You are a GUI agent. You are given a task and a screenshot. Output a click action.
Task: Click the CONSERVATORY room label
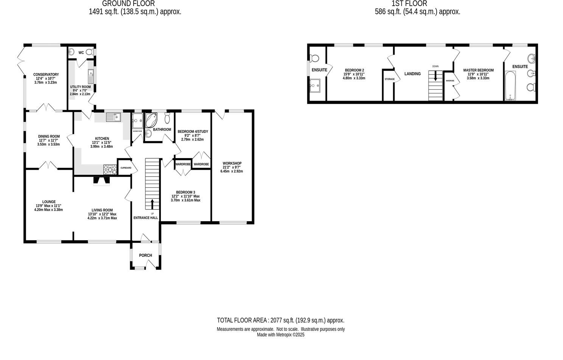pos(46,74)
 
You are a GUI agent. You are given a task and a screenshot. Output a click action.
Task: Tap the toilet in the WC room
pos(89,53)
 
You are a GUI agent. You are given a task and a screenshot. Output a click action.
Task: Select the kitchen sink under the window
pos(113,118)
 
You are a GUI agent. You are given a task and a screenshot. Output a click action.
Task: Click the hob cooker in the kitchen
pos(110,170)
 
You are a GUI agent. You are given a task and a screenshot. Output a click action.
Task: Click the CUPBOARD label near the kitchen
pos(126,168)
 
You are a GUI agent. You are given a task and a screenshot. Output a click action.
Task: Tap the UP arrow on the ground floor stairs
pos(152,204)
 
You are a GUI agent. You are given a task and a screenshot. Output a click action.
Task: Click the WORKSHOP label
pos(232,163)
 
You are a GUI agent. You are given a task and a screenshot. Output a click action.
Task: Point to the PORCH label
pos(145,256)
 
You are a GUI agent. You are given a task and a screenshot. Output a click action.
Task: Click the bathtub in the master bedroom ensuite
pos(510,86)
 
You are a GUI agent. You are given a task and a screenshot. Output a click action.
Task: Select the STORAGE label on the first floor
pos(389,79)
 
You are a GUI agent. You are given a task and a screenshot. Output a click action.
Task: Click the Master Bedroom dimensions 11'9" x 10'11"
pos(478,74)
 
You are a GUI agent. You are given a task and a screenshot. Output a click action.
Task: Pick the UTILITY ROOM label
pos(80,87)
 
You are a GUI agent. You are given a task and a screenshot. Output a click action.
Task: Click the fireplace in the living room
pos(101,181)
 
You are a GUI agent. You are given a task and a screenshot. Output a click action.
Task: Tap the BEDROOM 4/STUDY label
pos(193,132)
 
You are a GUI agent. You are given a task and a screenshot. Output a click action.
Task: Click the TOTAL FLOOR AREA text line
pos(280,320)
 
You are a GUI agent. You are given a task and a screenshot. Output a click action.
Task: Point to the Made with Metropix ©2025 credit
pos(280,335)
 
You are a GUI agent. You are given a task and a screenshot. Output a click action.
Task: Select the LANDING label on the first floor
pos(412,74)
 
